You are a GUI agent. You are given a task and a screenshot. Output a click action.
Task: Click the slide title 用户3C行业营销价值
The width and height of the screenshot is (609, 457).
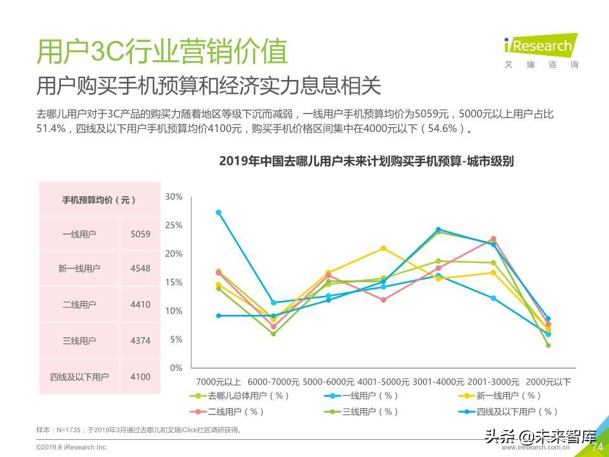click(162, 52)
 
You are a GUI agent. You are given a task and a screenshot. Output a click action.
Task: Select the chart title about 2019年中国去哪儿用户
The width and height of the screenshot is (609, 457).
click(366, 161)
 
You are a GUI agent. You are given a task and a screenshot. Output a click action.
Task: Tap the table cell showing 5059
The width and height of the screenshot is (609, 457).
click(140, 234)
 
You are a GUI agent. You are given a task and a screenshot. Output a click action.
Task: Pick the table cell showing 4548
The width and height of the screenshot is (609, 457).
click(140, 268)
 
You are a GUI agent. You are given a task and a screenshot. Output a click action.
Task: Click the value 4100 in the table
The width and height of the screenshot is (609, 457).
click(140, 377)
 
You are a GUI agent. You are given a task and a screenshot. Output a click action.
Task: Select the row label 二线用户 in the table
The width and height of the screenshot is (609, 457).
click(79, 305)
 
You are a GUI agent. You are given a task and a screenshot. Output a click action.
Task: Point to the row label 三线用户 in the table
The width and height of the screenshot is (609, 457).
click(79, 341)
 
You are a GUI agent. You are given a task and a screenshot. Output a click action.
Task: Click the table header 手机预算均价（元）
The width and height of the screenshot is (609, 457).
click(99, 199)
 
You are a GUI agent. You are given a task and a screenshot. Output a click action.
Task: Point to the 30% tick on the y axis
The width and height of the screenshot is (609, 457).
click(173, 197)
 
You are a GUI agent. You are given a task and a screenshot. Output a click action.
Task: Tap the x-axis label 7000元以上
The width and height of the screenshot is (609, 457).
click(218, 382)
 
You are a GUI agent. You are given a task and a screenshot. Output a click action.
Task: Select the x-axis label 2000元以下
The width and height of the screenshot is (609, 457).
click(548, 382)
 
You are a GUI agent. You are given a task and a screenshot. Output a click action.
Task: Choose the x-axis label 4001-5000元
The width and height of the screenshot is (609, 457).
click(383, 382)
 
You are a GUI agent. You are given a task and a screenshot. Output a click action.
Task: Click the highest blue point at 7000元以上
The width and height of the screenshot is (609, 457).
click(219, 213)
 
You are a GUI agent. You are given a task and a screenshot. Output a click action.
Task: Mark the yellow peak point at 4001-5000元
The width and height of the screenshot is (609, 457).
click(383, 248)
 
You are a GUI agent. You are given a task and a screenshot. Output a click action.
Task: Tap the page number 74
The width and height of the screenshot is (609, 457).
click(596, 447)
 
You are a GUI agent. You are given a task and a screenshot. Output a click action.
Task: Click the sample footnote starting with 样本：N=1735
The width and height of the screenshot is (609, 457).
click(140, 430)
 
